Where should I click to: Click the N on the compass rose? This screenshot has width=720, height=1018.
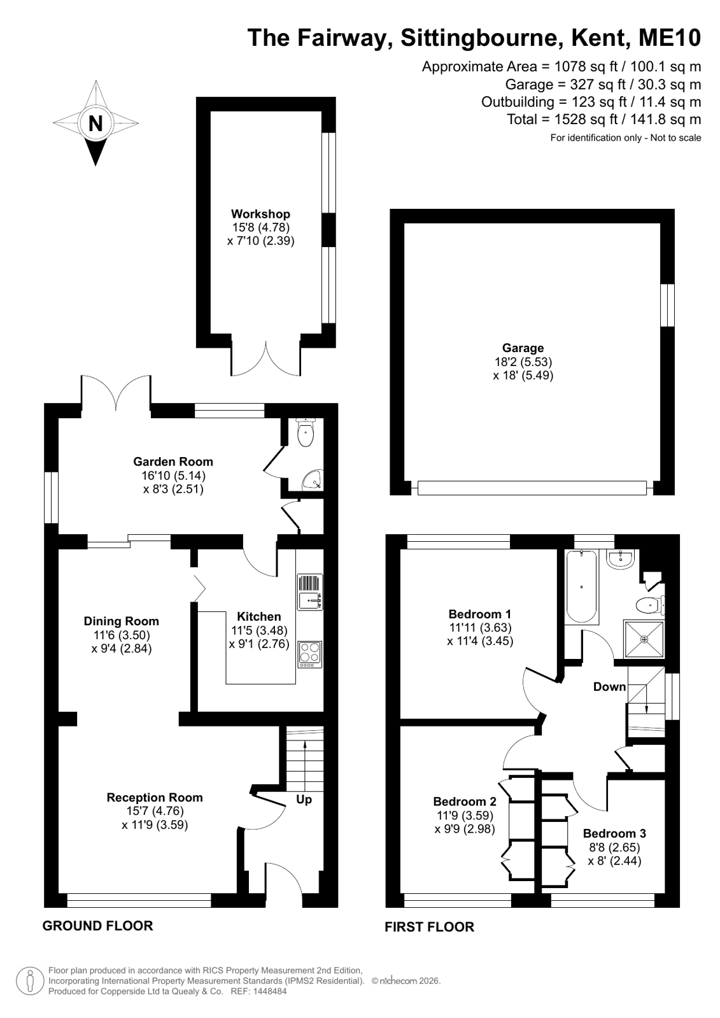click(95, 123)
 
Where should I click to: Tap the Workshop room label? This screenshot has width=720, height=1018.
click(260, 214)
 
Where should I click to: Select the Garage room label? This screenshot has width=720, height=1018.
click(523, 348)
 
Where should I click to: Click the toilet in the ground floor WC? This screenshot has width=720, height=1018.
click(305, 433)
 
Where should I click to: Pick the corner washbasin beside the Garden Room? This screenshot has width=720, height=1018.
click(314, 481)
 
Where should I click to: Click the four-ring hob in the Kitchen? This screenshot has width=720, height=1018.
click(310, 654)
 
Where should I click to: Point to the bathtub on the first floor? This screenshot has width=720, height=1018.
click(581, 587)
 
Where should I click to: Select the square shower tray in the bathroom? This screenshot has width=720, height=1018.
click(644, 639)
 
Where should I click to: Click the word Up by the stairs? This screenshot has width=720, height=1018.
click(304, 800)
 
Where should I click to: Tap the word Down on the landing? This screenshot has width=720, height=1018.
click(609, 687)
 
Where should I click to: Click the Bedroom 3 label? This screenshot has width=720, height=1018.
click(614, 833)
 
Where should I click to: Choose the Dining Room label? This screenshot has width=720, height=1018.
click(122, 621)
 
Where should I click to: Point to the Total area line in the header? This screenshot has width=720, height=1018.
click(604, 120)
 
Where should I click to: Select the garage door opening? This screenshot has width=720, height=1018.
click(532, 488)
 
